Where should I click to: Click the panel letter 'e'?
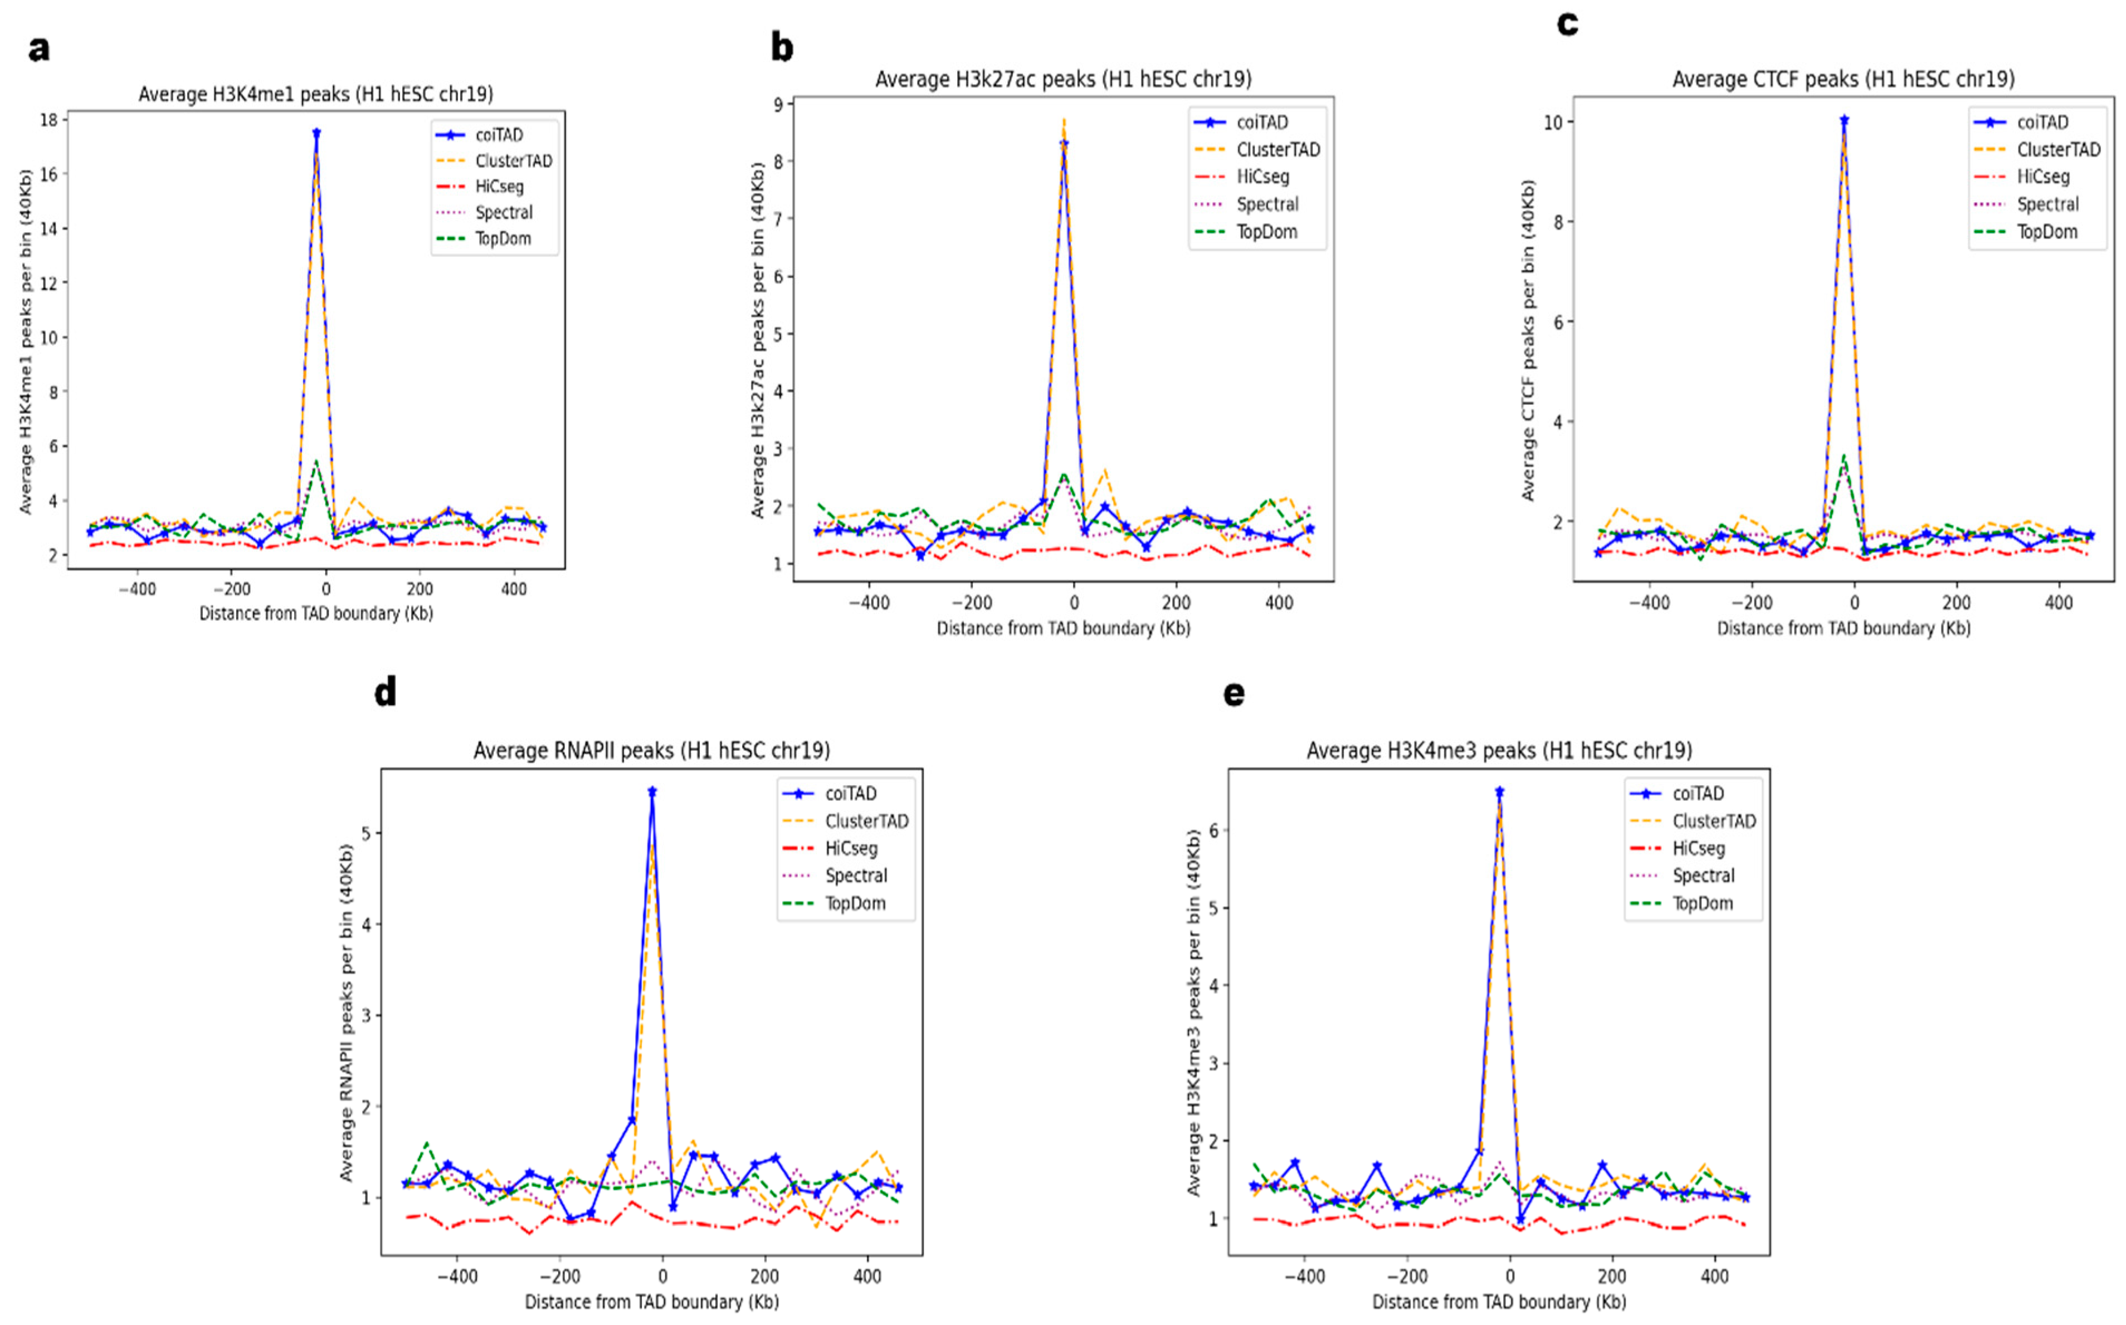tap(1233, 693)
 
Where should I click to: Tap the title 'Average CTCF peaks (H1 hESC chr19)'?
tap(1843, 80)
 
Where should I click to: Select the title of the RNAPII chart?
tap(651, 751)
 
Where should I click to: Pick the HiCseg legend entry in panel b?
tap(1262, 177)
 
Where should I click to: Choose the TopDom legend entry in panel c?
tap(2046, 232)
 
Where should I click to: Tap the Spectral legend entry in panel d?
tap(855, 876)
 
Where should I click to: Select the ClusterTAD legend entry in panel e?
tap(1713, 821)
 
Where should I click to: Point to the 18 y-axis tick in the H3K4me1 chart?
tap(49, 120)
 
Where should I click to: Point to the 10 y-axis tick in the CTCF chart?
tap(1552, 123)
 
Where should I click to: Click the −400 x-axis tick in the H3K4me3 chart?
tap(1305, 1277)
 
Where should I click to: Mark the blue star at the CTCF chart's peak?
tap(1844, 121)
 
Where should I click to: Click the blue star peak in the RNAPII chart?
tap(652, 791)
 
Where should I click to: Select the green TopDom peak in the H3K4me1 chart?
tap(315, 462)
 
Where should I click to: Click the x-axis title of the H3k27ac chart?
tap(1063, 628)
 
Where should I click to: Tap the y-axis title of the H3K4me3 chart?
tap(1193, 1013)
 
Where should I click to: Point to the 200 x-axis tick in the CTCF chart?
tap(1956, 604)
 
